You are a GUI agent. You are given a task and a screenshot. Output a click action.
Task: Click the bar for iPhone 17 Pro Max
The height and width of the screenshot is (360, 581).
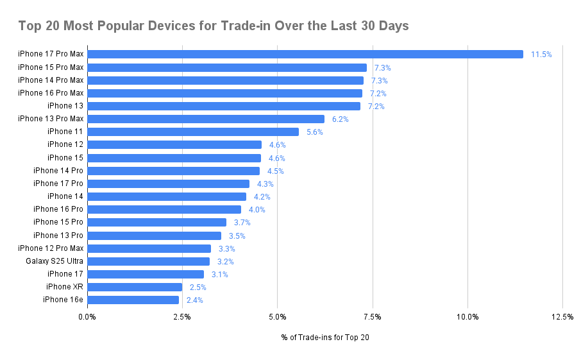305,55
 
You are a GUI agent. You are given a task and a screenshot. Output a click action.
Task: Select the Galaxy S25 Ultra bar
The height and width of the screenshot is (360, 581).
148,261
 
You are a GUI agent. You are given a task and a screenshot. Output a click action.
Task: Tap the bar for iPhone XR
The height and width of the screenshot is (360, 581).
135,287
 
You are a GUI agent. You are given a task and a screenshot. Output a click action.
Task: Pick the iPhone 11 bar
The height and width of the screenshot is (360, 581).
192,132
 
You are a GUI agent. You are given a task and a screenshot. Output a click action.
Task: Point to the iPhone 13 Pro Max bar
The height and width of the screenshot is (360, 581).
205,119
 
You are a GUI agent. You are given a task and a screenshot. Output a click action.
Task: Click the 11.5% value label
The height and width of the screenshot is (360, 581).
541,55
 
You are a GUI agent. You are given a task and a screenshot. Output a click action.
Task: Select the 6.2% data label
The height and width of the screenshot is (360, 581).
340,119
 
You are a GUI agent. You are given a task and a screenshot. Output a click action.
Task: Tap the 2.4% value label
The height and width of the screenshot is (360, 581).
194,300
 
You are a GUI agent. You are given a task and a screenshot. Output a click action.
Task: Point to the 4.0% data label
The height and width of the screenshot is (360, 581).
257,210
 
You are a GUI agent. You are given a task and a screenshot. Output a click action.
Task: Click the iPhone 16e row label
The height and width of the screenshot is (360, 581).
63,300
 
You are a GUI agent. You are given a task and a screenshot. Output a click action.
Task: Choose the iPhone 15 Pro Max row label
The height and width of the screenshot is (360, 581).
51,67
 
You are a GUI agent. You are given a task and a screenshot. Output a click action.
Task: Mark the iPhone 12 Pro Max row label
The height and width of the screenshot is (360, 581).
51,248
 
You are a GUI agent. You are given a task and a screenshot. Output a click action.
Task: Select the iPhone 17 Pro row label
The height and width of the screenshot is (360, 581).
58,184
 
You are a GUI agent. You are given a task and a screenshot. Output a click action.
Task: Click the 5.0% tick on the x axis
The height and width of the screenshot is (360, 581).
277,316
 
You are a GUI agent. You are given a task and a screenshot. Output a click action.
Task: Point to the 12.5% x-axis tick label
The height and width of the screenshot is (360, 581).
562,316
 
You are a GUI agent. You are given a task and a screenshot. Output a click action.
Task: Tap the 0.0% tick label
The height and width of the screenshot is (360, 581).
87,316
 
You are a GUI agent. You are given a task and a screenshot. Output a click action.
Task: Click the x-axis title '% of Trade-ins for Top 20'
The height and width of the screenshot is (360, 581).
324,337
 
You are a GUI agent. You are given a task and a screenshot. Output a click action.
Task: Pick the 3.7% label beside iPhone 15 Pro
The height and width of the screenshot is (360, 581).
242,223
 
